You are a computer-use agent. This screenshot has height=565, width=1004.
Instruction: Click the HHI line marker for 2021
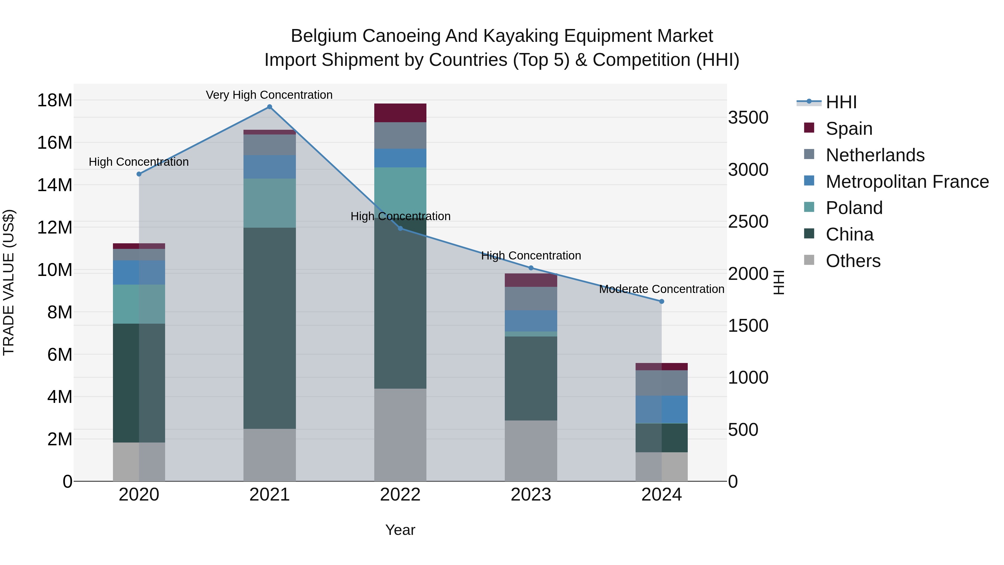click(269, 107)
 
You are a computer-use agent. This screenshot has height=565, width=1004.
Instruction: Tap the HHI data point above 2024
click(662, 301)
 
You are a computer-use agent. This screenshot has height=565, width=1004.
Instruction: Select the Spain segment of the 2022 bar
click(400, 113)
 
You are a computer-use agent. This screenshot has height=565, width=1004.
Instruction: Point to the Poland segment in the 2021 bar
click(269, 203)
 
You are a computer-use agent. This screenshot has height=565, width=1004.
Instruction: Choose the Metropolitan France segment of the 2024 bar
click(662, 409)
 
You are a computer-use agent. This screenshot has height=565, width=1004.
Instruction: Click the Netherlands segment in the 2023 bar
click(531, 298)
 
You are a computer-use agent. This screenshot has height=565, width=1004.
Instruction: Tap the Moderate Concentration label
click(662, 289)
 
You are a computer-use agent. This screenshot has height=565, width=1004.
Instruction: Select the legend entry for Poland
click(854, 208)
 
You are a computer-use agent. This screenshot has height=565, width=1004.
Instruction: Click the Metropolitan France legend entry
click(907, 182)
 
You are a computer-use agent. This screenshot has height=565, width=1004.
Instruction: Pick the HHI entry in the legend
click(841, 102)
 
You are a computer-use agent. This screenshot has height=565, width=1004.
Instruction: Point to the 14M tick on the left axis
click(55, 185)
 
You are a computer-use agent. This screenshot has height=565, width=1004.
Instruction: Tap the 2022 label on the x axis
click(400, 495)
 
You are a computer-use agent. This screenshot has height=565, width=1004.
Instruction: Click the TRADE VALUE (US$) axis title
click(9, 282)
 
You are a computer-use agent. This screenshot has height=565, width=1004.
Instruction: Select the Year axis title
click(400, 530)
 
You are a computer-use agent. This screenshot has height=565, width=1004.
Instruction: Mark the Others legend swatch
click(809, 260)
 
